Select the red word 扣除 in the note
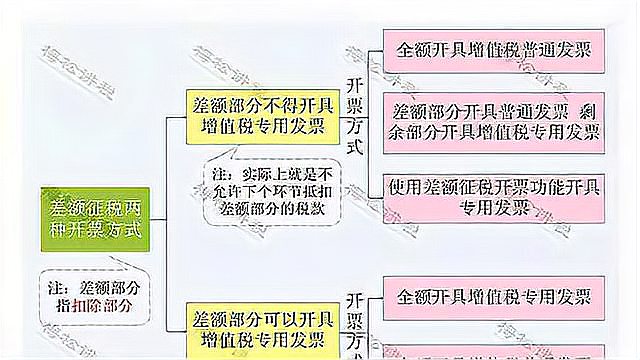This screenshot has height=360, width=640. coord(102,305)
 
